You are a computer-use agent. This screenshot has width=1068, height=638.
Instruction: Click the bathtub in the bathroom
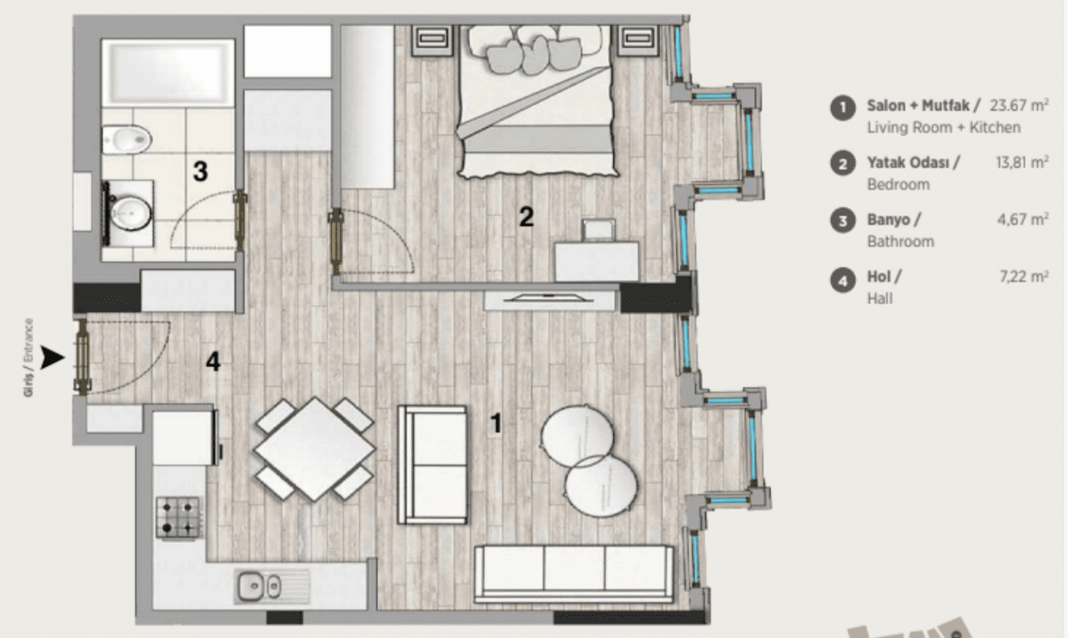click(x=168, y=73)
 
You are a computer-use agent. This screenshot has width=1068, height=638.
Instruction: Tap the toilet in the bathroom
click(x=127, y=140)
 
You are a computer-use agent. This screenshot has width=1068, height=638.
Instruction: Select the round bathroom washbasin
click(x=130, y=213)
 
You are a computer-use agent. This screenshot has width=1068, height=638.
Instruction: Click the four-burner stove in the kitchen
click(x=180, y=518)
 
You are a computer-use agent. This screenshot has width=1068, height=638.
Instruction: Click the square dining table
click(x=315, y=449)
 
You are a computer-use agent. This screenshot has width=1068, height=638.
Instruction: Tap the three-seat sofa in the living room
click(x=574, y=574)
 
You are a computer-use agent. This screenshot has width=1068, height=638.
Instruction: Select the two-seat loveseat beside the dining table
click(x=432, y=464)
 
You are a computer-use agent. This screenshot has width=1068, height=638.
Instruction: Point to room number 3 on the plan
click(x=200, y=171)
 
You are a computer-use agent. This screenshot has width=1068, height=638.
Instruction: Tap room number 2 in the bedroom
click(x=527, y=217)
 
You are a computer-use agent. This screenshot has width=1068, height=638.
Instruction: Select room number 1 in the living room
click(x=497, y=423)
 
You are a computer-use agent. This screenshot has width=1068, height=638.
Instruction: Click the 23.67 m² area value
click(x=1019, y=105)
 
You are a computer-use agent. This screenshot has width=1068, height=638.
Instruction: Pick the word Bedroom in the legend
click(x=898, y=185)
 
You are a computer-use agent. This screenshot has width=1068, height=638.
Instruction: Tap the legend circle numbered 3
click(x=843, y=221)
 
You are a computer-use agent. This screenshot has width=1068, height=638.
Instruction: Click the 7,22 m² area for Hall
click(x=1023, y=276)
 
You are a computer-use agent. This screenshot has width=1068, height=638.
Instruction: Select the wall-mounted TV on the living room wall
click(x=548, y=300)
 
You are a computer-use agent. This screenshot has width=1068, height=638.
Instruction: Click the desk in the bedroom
click(x=596, y=261)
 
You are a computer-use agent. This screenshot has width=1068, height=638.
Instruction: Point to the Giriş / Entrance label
click(x=28, y=357)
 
